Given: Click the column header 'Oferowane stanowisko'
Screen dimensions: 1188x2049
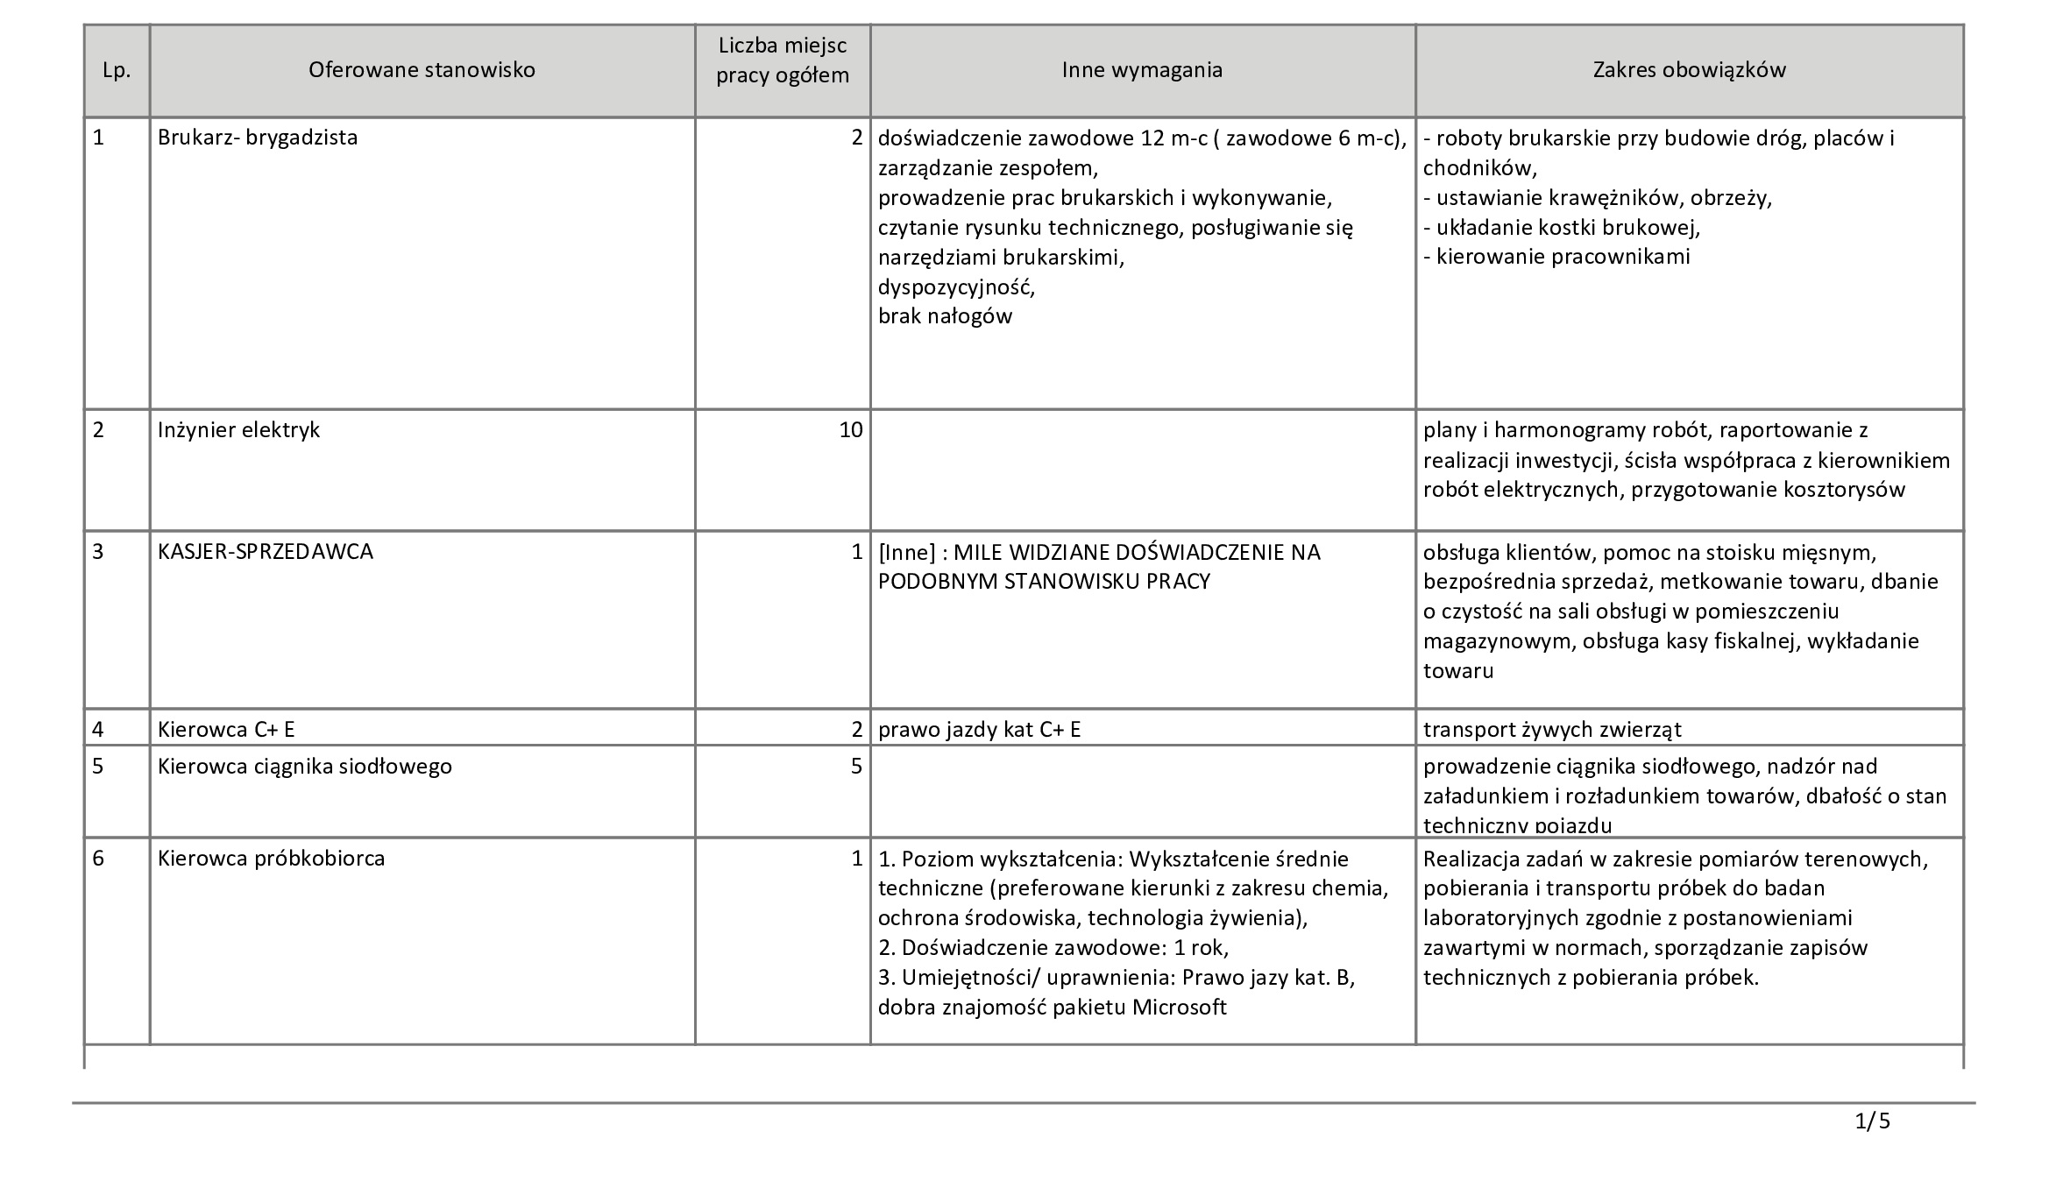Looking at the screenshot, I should [422, 70].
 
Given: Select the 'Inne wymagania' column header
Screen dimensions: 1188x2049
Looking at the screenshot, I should [1142, 70].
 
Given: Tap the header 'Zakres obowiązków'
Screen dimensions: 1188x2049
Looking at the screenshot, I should [1689, 70].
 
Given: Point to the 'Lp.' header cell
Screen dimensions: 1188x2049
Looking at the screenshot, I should [117, 71].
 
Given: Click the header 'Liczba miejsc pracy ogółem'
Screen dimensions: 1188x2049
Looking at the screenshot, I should [783, 60].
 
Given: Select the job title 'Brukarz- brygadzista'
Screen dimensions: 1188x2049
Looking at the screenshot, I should [258, 138].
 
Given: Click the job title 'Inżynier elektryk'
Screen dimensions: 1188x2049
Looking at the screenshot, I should [238, 430].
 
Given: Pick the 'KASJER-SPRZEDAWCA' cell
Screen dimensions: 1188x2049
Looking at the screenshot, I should [266, 552].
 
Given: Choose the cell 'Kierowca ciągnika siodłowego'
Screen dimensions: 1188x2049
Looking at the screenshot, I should [305, 767].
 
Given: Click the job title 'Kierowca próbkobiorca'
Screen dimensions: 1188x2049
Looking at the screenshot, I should [272, 859].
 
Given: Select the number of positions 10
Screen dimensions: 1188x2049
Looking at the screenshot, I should [850, 430].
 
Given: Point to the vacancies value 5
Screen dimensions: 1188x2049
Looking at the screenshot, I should [856, 767].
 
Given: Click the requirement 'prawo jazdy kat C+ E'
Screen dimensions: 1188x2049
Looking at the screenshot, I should [979, 729].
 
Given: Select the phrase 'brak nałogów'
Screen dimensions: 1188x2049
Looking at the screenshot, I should [945, 316].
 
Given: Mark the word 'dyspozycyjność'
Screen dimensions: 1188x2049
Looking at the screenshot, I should [956, 286].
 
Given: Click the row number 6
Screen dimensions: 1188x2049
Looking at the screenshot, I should [98, 859].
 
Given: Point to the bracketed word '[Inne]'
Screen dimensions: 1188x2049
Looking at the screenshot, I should [907, 552].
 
